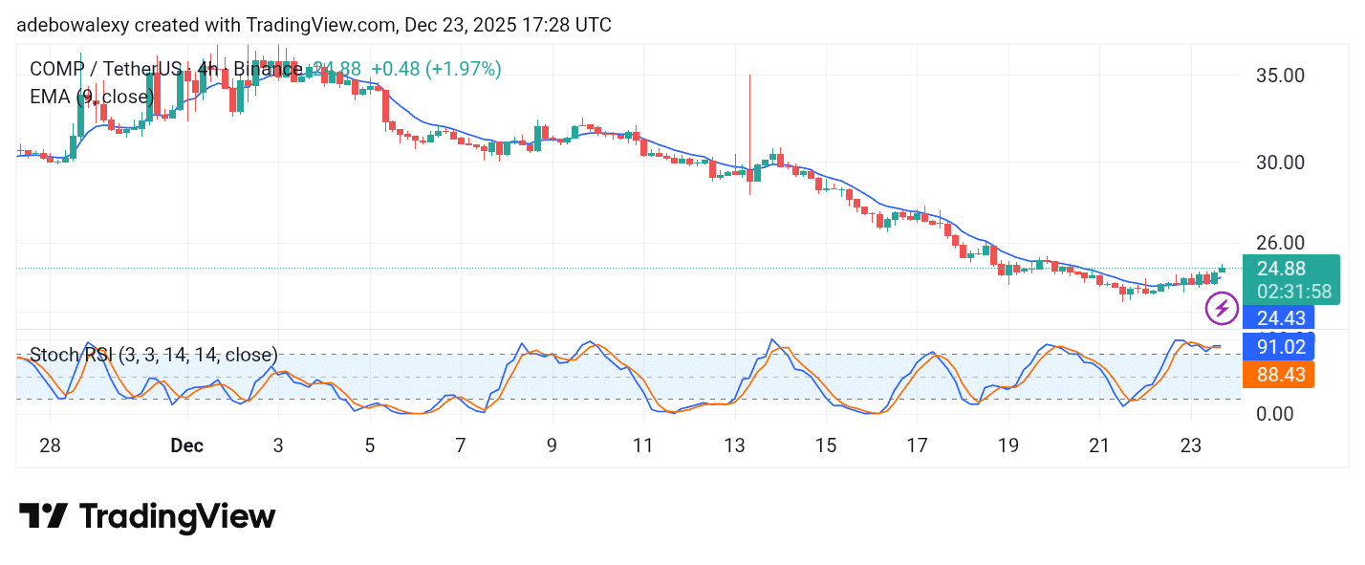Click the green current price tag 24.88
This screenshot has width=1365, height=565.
(x=1281, y=269)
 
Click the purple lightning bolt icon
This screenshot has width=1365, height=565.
(x=1222, y=309)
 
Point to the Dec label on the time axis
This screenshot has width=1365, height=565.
(x=187, y=445)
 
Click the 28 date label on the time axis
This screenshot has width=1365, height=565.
(x=51, y=445)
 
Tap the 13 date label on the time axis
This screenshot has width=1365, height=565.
(x=734, y=445)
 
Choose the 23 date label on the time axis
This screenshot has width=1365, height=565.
(x=1190, y=445)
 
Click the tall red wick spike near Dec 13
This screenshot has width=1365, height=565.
(x=750, y=115)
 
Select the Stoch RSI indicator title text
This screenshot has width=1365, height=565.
(x=154, y=356)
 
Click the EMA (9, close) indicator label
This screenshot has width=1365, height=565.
(x=92, y=97)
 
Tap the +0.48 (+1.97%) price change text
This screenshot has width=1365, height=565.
(x=436, y=69)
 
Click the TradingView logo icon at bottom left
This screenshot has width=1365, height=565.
(x=43, y=517)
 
